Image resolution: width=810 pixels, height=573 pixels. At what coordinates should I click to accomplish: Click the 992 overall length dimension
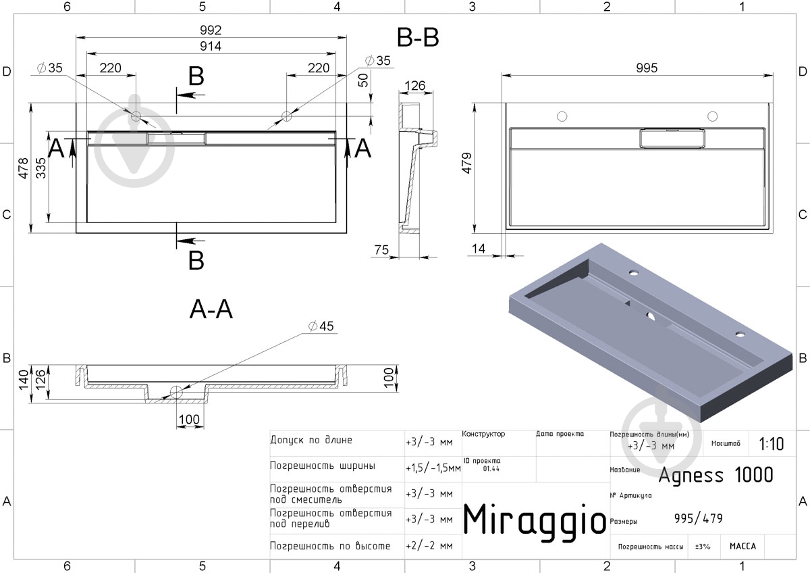(x=211, y=30)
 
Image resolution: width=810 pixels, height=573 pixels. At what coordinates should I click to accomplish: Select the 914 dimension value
(x=211, y=46)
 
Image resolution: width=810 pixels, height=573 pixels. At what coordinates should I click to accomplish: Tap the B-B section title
(x=418, y=37)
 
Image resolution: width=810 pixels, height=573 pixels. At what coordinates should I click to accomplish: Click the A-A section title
(x=211, y=309)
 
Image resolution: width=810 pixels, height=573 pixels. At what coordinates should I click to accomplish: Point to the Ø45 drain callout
(x=321, y=326)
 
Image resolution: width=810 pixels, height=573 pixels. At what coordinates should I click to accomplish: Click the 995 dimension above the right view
(x=647, y=68)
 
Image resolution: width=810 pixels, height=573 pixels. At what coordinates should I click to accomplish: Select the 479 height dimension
(x=467, y=163)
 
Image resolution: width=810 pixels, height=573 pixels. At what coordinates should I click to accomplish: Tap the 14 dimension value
(x=478, y=248)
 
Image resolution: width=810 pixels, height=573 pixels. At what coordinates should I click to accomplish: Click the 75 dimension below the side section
(x=381, y=249)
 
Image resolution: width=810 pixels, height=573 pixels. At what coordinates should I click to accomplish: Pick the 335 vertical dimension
(x=41, y=168)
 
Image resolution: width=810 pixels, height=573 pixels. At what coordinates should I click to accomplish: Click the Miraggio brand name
(x=535, y=520)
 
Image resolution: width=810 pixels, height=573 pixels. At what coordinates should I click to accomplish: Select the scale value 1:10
(x=772, y=444)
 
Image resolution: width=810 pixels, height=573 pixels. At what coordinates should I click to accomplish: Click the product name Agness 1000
(x=715, y=475)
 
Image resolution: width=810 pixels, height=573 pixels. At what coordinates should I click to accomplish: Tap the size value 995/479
(x=698, y=518)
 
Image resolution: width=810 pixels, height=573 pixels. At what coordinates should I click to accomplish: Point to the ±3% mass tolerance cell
(x=703, y=546)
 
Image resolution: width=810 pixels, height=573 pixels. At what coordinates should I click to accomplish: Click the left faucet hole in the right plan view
(x=562, y=116)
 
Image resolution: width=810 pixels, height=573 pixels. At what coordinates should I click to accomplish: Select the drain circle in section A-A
(x=176, y=392)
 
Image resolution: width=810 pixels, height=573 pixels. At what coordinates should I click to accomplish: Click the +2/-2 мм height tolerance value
(x=429, y=546)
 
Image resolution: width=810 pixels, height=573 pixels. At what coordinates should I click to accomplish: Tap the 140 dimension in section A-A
(x=24, y=380)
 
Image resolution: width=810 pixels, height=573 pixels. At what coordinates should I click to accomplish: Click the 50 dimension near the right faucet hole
(x=363, y=80)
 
